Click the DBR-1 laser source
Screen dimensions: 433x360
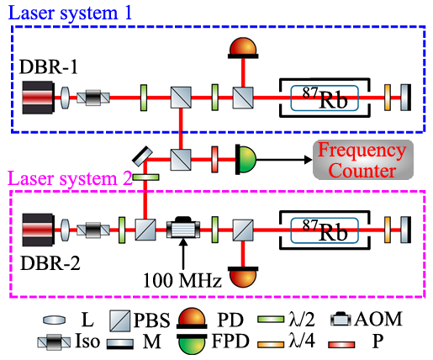pyautogui.click(x=38, y=98)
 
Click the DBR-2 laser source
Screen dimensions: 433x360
pyautogui.click(x=38, y=230)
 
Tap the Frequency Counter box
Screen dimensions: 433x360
pyautogui.click(x=363, y=160)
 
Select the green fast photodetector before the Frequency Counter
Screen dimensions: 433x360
pyautogui.click(x=246, y=160)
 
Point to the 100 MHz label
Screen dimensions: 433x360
pyautogui.click(x=182, y=280)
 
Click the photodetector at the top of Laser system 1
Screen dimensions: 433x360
pyautogui.click(x=243, y=48)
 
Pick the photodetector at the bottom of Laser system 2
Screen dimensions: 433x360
pyautogui.click(x=243, y=278)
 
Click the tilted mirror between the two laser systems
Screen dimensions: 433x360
pyautogui.click(x=142, y=156)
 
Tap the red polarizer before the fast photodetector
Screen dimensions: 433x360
pyautogui.click(x=214, y=159)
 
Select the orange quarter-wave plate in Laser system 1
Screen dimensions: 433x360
pyautogui.click(x=388, y=98)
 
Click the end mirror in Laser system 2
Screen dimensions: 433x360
pyautogui.click(x=406, y=230)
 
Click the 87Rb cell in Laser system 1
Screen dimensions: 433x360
pyautogui.click(x=325, y=98)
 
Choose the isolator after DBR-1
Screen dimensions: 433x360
pyautogui.click(x=93, y=98)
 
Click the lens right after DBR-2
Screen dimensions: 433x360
pyautogui.click(x=65, y=230)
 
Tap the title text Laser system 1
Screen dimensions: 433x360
pyautogui.click(x=70, y=13)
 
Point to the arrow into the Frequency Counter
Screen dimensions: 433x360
pyautogui.click(x=284, y=160)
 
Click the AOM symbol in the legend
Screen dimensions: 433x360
pyautogui.click(x=341, y=319)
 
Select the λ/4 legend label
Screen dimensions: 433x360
pyautogui.click(x=302, y=341)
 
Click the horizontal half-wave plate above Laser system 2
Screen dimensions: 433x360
pyautogui.click(x=145, y=177)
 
